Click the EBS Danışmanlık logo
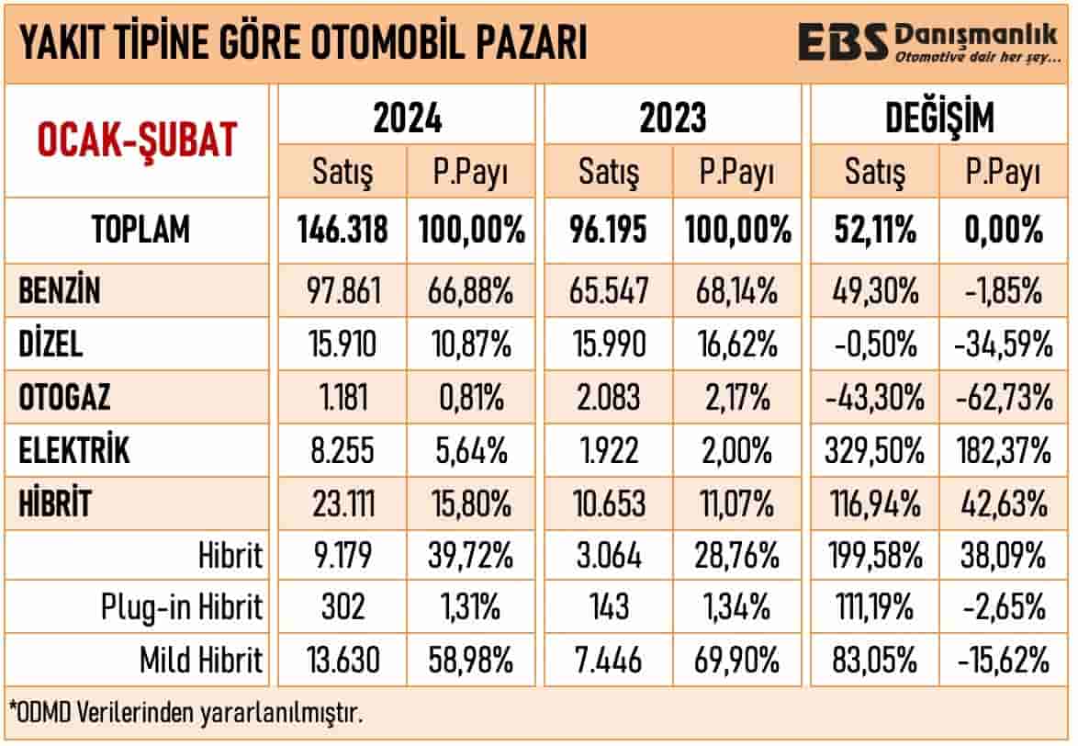(x=927, y=42)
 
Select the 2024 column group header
(x=407, y=118)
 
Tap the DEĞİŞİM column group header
(x=939, y=118)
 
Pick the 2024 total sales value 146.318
(x=342, y=229)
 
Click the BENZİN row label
(x=60, y=292)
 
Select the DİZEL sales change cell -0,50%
(x=873, y=345)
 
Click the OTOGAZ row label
(x=65, y=399)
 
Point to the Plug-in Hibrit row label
(x=182, y=607)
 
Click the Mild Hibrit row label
(x=201, y=660)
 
